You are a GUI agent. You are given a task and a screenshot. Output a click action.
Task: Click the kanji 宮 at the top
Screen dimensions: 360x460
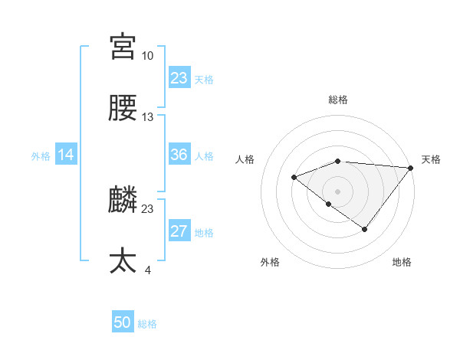click(x=123, y=47)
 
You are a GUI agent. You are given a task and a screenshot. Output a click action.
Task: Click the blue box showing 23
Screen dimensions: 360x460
click(x=179, y=78)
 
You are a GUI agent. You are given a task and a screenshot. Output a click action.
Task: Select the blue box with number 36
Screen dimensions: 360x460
click(x=179, y=155)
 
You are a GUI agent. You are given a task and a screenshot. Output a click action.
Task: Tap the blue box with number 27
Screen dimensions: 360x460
click(x=179, y=232)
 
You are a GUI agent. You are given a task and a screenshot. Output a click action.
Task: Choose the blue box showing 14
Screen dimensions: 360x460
click(x=66, y=155)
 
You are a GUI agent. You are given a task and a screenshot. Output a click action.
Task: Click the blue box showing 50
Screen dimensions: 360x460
click(x=123, y=323)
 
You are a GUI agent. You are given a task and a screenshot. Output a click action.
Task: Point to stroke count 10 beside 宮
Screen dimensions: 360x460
click(x=147, y=56)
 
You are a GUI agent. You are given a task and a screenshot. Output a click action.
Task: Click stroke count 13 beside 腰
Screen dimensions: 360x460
click(x=147, y=117)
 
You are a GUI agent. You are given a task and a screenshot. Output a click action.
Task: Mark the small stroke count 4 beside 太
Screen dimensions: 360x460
click(x=147, y=270)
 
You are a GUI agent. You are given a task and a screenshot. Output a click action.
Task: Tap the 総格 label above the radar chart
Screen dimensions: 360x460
click(x=338, y=100)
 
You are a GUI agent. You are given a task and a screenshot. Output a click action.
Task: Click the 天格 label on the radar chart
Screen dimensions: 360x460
click(x=431, y=159)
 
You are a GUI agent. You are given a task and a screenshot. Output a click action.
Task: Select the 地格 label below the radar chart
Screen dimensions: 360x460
click(x=402, y=262)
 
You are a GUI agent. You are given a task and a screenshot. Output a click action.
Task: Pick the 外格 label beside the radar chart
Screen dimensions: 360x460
click(x=270, y=262)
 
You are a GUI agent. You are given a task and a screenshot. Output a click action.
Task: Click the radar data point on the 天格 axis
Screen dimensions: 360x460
click(x=412, y=167)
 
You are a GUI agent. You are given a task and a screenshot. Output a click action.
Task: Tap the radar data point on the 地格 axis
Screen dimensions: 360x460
click(x=365, y=229)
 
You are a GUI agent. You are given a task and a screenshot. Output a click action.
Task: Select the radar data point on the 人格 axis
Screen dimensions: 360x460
click(x=294, y=177)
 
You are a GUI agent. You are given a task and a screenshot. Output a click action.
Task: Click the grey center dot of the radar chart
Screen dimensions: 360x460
click(x=337, y=191)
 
